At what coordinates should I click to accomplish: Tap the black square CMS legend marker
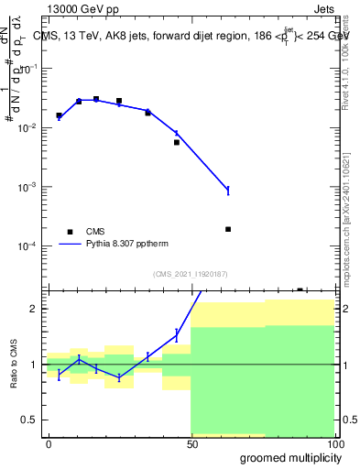pyautogui.click(x=70, y=232)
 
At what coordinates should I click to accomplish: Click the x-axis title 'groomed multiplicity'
pyautogui.click(x=287, y=457)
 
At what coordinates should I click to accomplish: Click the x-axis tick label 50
pyautogui.click(x=191, y=443)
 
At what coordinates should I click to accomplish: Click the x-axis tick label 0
pyautogui.click(x=49, y=443)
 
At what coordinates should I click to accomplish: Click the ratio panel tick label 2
pyautogui.click(x=35, y=309)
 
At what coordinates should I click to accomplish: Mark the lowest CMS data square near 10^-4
pyautogui.click(x=227, y=229)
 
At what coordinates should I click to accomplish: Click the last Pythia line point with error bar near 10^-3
pyautogui.click(x=227, y=191)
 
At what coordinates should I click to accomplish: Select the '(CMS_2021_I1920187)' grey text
pyautogui.click(x=191, y=274)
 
